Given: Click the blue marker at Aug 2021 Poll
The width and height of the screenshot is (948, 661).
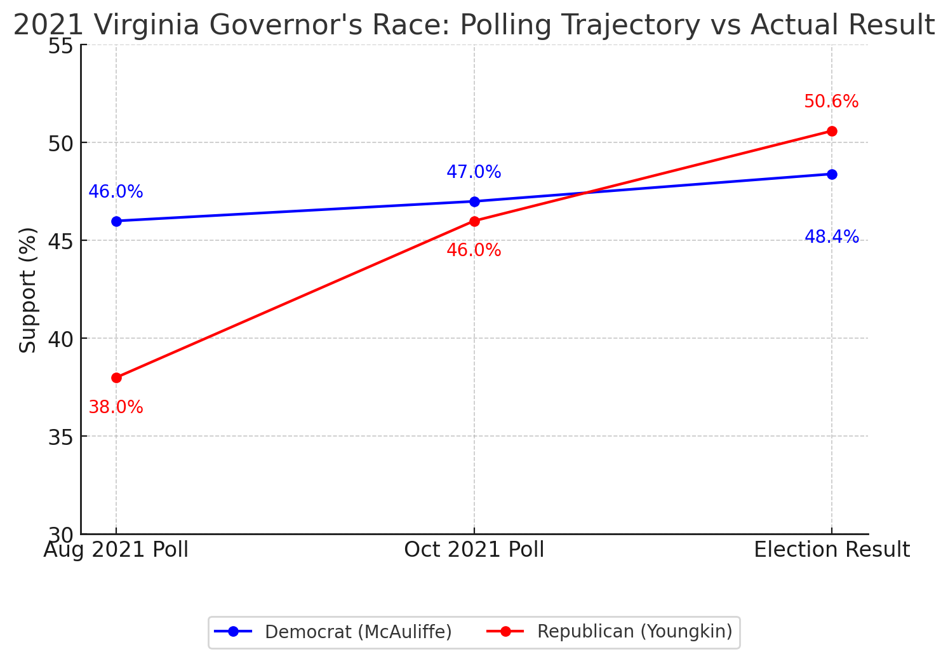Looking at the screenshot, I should click(116, 221).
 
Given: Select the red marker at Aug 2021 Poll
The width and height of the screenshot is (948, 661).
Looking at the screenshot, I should click(116, 378).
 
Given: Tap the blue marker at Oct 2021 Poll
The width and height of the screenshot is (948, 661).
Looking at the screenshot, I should click(474, 201).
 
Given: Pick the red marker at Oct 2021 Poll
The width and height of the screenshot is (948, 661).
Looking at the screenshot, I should click(474, 221).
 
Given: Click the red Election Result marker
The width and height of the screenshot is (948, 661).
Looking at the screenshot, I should click(832, 131).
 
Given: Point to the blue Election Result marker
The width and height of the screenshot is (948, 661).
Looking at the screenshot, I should click(832, 174).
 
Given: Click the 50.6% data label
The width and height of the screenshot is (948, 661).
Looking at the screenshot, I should click(831, 102).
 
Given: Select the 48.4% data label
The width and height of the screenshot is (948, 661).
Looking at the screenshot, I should click(831, 238).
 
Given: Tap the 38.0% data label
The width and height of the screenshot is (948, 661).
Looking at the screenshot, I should click(116, 407).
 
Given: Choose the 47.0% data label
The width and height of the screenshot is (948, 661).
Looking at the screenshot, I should click(474, 172).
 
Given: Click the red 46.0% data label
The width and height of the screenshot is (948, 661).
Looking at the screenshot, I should click(474, 250).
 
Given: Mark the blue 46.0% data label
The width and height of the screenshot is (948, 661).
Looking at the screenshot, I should click(116, 192).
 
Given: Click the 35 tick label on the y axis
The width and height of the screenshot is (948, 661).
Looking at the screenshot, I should click(60, 437).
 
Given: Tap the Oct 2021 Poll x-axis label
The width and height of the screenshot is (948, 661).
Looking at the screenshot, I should click(474, 550).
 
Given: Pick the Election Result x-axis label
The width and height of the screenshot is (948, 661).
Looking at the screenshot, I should click(832, 550).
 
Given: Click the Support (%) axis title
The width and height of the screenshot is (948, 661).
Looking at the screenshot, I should click(28, 290).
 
